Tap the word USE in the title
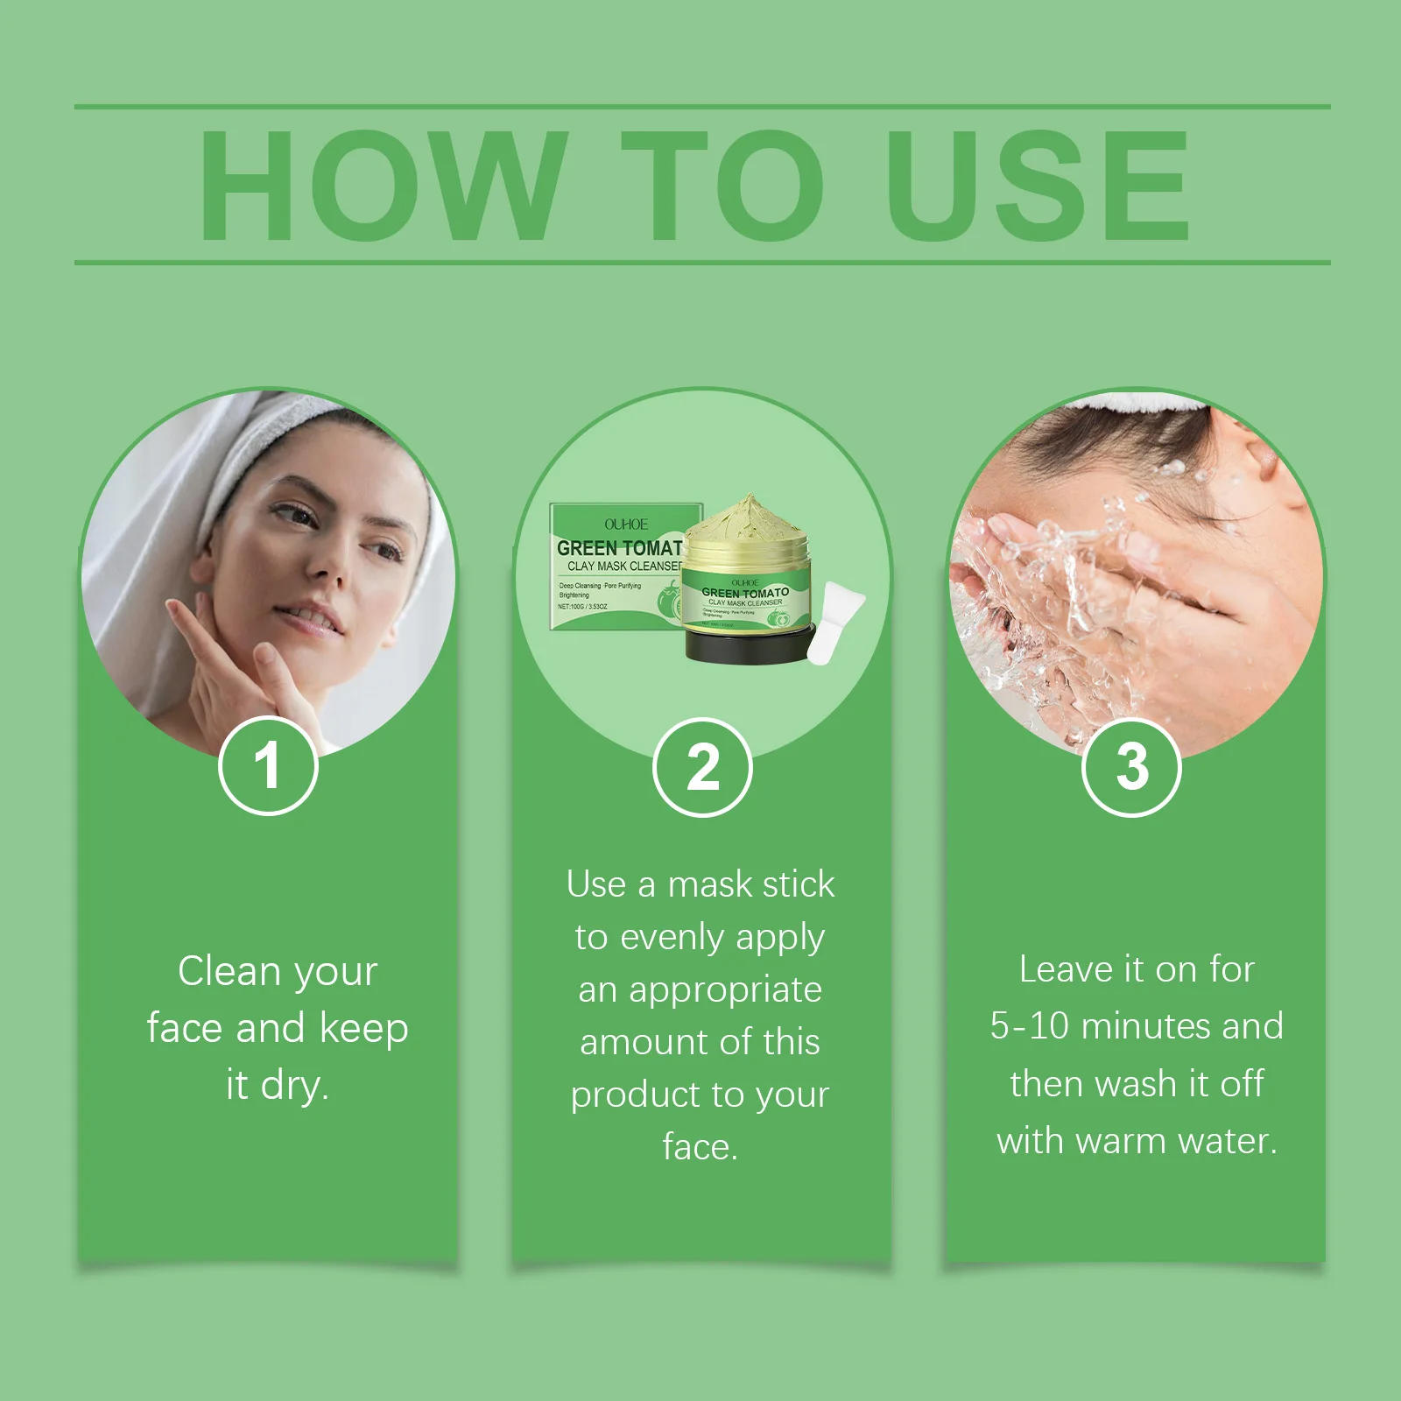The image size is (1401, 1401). [1038, 186]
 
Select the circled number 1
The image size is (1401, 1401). [268, 766]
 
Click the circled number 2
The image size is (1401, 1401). [702, 768]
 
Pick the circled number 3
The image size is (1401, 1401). [1132, 767]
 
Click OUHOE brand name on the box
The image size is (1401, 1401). [626, 524]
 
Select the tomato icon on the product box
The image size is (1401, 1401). [669, 602]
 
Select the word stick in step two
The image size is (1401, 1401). [794, 884]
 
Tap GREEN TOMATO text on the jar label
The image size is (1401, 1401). [745, 593]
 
